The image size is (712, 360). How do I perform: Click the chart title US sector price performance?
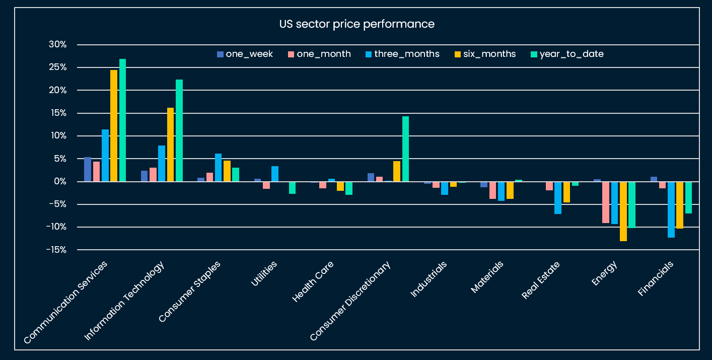(357, 24)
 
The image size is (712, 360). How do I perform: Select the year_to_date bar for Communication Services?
(122, 120)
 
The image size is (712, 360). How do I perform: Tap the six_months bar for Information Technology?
(170, 145)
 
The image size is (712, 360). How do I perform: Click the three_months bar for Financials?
(671, 209)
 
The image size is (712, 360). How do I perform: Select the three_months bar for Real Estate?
(557, 197)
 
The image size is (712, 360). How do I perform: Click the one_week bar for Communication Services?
(88, 169)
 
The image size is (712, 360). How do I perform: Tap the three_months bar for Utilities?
(275, 174)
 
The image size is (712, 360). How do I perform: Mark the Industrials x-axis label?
(429, 279)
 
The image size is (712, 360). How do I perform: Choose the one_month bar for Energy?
(605, 202)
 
